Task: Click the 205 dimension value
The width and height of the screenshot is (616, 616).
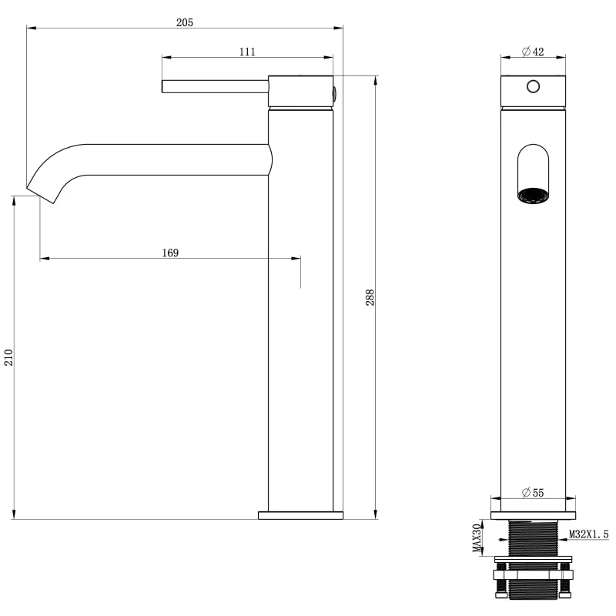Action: click(185, 22)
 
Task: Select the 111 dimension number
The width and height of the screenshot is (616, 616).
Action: click(247, 52)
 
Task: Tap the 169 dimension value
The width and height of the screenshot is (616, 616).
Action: click(170, 253)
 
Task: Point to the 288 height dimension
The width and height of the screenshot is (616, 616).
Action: click(370, 297)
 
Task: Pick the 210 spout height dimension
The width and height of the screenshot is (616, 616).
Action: click(8, 357)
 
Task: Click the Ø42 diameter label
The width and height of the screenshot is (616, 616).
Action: click(533, 52)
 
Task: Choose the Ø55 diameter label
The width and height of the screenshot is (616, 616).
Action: click(533, 493)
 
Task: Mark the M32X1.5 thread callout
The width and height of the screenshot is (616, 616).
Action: click(589, 534)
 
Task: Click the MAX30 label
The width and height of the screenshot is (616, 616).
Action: click(477, 537)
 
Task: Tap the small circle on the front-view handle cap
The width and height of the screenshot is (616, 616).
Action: click(533, 86)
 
